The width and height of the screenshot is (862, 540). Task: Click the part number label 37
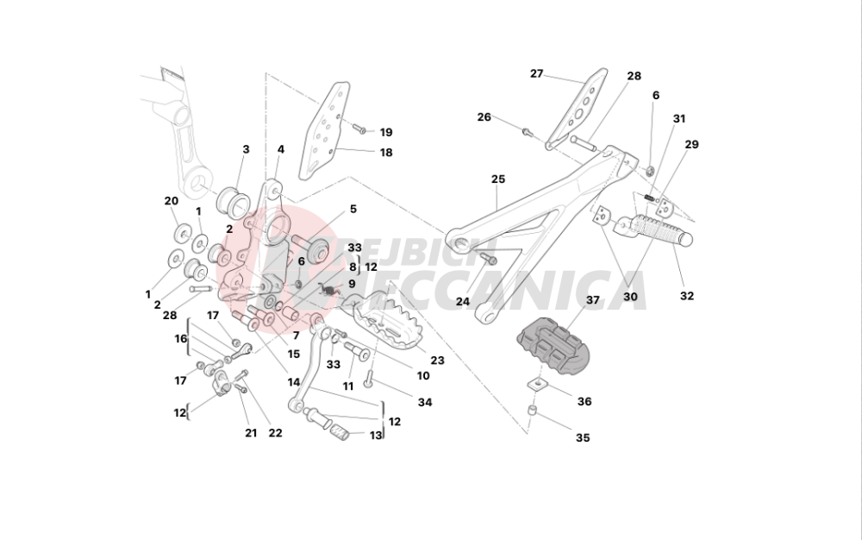[x=592, y=300]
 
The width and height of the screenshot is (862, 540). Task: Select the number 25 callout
[x=498, y=179]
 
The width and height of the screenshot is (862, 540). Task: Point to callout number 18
[x=386, y=153]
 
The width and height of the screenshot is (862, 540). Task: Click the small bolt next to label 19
[x=359, y=129]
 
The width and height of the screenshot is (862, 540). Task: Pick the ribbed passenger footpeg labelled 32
[x=654, y=230]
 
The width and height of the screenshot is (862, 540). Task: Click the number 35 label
[x=583, y=437]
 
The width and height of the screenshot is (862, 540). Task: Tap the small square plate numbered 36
[x=538, y=384]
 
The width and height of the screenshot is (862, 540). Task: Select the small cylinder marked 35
[x=532, y=411]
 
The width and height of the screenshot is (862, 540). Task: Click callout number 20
[x=172, y=201]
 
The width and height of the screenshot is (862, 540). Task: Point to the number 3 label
[x=246, y=149]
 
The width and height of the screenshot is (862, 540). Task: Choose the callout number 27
[x=536, y=73]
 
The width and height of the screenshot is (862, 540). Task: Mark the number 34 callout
[x=425, y=402]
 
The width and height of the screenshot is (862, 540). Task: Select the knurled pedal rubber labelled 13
[x=340, y=431]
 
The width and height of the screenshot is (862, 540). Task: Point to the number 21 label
[x=251, y=433]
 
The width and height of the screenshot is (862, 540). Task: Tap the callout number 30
[x=631, y=297]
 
